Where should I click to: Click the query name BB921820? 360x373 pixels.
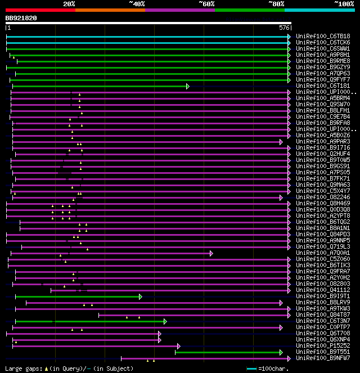pyautogui.click(x=21, y=18)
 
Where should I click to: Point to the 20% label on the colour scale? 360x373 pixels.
pyautogui.click(x=69, y=4)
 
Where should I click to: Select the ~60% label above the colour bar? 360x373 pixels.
pyautogui.click(x=206, y=4)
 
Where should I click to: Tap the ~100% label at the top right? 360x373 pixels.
pyautogui.click(x=344, y=4)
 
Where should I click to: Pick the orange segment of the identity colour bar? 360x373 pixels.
pyautogui.click(x=110, y=10)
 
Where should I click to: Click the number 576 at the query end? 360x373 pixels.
pyautogui.click(x=284, y=27)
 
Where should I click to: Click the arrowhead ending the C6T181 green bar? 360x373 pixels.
pyautogui.click(x=188, y=86)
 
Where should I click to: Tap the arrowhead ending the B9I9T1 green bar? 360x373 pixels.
pyautogui.click(x=141, y=296)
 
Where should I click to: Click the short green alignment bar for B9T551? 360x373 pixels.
pyautogui.click(x=228, y=352)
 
